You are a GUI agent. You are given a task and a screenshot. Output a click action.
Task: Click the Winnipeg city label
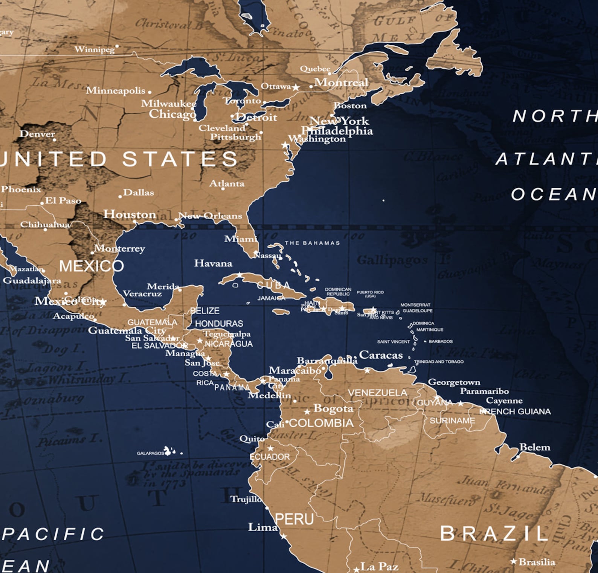[x=95, y=49]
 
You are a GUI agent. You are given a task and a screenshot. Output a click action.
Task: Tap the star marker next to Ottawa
[x=296, y=87]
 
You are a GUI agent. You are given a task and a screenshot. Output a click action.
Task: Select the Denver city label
[x=37, y=134]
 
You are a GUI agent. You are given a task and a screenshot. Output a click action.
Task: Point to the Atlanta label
[x=227, y=183]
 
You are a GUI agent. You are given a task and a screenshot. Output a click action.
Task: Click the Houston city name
[x=130, y=214]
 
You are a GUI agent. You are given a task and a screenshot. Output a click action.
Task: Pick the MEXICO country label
[x=92, y=266]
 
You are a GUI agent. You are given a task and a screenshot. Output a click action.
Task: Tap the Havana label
[x=213, y=263]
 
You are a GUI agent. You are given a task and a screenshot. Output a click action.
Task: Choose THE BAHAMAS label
[x=312, y=243]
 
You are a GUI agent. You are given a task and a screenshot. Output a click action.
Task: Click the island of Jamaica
[x=281, y=312]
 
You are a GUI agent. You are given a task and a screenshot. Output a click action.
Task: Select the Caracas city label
[x=381, y=355]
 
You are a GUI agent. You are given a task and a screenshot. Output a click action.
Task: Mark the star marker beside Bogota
[x=307, y=412]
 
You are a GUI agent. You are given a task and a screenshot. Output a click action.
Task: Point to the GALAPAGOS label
[x=150, y=453]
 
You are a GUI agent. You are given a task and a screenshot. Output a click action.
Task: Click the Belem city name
[x=535, y=447]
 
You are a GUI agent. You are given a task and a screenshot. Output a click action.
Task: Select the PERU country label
[x=294, y=519]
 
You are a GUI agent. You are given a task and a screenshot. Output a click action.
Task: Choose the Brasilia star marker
[x=513, y=561]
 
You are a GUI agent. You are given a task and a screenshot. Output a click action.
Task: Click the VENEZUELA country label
[x=377, y=393]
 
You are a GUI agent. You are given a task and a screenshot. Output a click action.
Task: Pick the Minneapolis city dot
[x=149, y=92]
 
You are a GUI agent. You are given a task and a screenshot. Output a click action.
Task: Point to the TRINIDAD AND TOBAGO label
[x=439, y=362]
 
